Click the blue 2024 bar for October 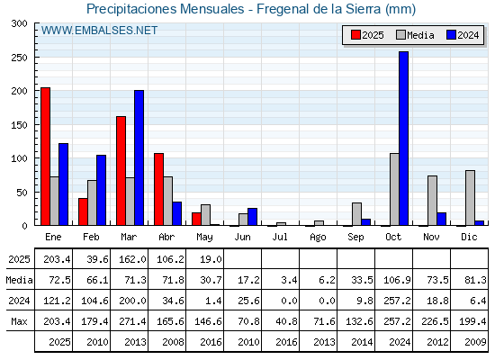click(x=403, y=139)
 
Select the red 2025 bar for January click(x=45, y=157)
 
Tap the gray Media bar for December click(x=470, y=198)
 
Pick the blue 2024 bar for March click(x=139, y=157)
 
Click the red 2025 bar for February click(x=83, y=211)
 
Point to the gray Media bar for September click(x=356, y=214)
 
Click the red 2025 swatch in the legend click(x=355, y=35)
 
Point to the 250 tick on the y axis click(x=36, y=57)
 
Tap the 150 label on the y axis click(x=19, y=125)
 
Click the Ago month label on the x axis click(x=318, y=238)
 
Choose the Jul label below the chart click(x=280, y=237)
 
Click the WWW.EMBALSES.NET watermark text click(x=99, y=31)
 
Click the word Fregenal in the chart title click(x=279, y=9)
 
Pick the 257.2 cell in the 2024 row click(x=397, y=301)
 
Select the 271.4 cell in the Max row click(x=132, y=321)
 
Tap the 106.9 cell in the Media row click(x=397, y=280)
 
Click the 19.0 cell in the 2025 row click(x=211, y=259)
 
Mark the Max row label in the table click(x=19, y=321)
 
